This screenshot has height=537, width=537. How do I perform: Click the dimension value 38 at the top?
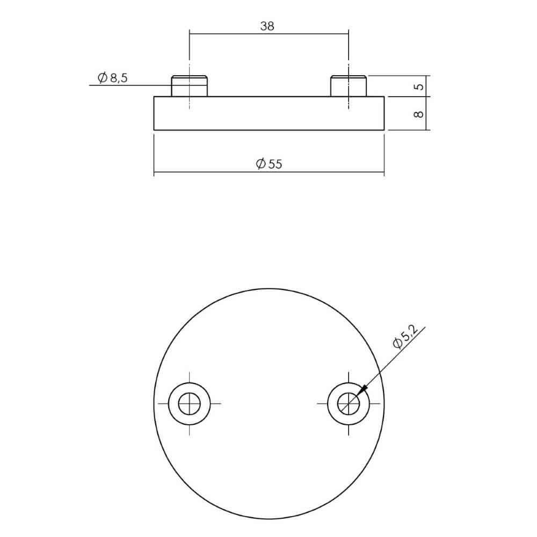[267, 26]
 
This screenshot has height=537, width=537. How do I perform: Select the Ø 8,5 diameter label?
[113, 78]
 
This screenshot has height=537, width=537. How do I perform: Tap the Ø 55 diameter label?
[268, 164]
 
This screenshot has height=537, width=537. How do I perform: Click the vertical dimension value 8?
[420, 114]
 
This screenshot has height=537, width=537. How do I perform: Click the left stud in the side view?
[189, 86]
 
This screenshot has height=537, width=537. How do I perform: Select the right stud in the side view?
[348, 86]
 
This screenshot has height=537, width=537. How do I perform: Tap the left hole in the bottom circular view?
[189, 403]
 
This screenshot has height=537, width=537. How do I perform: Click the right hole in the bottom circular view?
[348, 403]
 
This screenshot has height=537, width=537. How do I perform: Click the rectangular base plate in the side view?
[268, 113]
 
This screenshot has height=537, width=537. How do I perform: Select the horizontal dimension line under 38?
[268, 33]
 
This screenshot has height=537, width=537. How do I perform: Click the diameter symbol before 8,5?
[103, 78]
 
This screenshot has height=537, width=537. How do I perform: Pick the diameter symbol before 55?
[260, 164]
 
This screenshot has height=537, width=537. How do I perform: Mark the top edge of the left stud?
[189, 76]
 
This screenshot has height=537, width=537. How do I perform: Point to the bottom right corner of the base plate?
[384, 130]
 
